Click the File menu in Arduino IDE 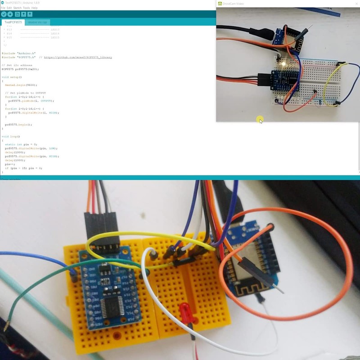click(3, 8)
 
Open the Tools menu click(27, 8)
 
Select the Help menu click(35, 8)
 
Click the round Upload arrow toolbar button click(10, 14)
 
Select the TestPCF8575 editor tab click(13, 22)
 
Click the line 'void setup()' click(12, 77)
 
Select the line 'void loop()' click(11, 136)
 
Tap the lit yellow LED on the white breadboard click(283, 64)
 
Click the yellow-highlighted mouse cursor click(260, 120)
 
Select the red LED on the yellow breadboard click(185, 313)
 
